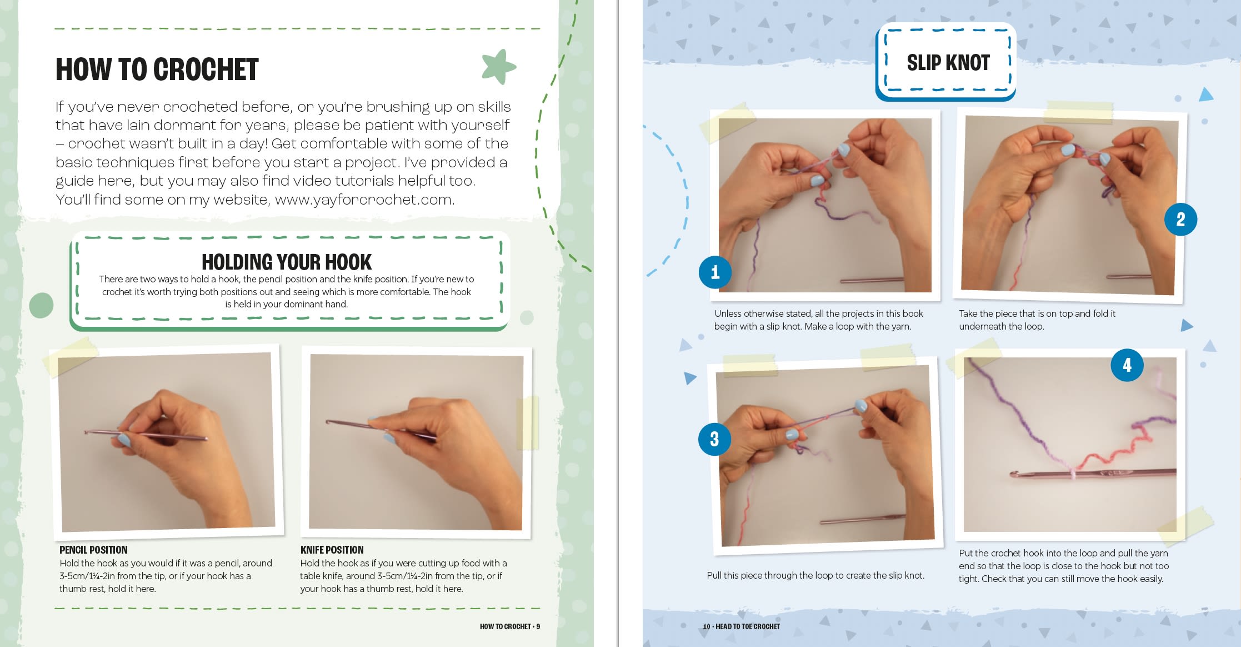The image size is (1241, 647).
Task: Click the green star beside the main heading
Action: pyautogui.click(x=498, y=66)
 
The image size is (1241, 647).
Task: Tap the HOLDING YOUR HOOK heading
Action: pyautogui.click(x=287, y=262)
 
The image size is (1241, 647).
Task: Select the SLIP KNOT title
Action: pyautogui.click(x=948, y=63)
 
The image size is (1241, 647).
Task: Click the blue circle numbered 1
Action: pyautogui.click(x=715, y=272)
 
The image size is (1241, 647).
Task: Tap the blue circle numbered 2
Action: pyautogui.click(x=1180, y=219)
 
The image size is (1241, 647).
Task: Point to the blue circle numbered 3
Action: pyautogui.click(x=714, y=439)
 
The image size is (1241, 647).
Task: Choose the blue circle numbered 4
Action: pyautogui.click(x=1127, y=365)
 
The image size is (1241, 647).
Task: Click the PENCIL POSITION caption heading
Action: pyautogui.click(x=93, y=550)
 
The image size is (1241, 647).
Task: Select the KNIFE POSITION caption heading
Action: pyautogui.click(x=332, y=550)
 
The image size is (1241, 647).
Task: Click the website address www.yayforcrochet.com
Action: pyautogui.click(x=364, y=200)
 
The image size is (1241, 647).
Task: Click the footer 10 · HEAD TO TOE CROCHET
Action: pyautogui.click(x=741, y=626)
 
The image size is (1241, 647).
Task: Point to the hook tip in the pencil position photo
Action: pyautogui.click(x=86, y=432)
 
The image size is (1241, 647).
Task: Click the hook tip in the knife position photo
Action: pyautogui.click(x=328, y=422)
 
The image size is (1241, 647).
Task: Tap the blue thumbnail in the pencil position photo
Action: pyautogui.click(x=123, y=440)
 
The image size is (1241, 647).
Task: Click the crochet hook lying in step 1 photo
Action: pyautogui.click(x=872, y=280)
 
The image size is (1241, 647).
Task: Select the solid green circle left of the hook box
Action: pyautogui.click(x=41, y=305)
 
